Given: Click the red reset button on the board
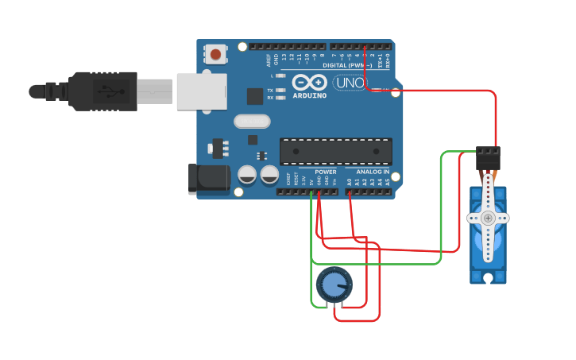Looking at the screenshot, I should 215,54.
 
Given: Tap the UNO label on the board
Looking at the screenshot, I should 349,83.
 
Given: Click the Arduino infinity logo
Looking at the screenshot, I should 310,82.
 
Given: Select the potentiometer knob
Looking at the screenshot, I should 334,285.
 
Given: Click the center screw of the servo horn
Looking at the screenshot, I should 488,218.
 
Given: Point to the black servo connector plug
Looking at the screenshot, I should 488,156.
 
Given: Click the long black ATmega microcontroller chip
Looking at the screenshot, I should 335,152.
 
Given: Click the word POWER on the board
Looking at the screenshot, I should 326,172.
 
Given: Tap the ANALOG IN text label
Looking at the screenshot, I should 373,172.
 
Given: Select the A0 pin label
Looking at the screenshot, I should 349,181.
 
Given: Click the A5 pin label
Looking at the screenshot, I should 388,181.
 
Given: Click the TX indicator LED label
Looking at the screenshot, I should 270,91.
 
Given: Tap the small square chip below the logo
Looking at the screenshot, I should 255,96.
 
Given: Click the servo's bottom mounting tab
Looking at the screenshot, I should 488,277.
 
